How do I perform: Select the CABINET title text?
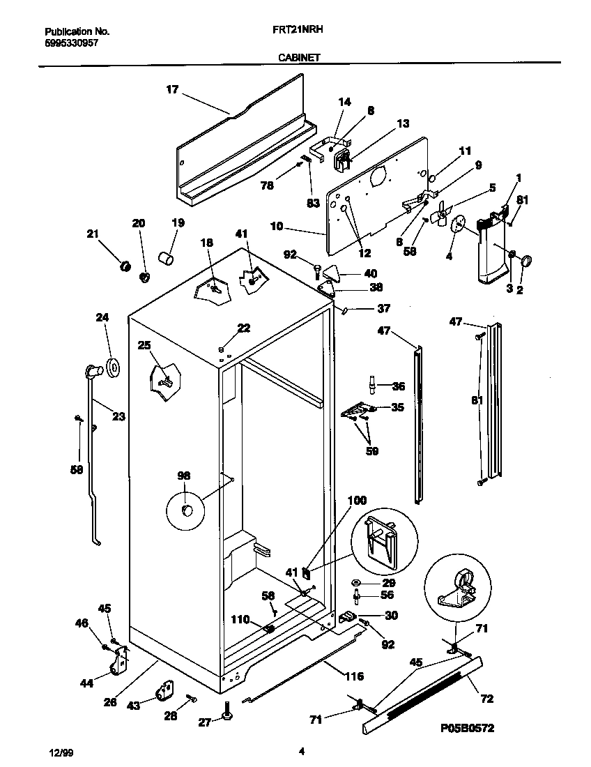[x=300, y=58]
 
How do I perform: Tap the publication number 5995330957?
[x=71, y=43]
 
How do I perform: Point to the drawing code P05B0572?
[x=468, y=727]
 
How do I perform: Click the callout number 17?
[x=171, y=89]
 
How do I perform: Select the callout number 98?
[x=183, y=476]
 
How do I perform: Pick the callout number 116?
[x=354, y=676]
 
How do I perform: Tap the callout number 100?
[x=356, y=501]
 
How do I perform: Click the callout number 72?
[x=487, y=697]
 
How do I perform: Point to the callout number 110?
[x=240, y=618]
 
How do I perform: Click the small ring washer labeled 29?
[x=355, y=582]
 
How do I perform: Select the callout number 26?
[x=109, y=702]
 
